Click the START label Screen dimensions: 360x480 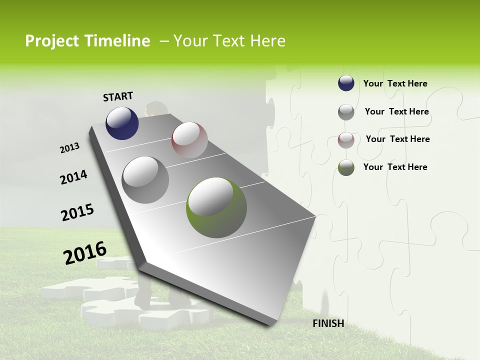[118, 96]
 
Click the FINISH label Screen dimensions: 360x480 [328, 323]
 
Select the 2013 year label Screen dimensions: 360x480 [70, 148]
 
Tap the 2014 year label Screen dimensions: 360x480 [73, 177]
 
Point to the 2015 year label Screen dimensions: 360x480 [77, 212]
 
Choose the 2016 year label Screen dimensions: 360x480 [85, 252]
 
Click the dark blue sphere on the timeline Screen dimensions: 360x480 [122, 123]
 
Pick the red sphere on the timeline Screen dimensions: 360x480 [189, 140]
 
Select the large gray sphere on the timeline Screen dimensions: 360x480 [145, 179]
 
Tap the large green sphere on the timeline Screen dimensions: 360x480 [216, 207]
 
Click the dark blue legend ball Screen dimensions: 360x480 [346, 83]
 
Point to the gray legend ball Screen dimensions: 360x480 [346, 112]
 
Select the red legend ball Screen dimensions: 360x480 [346, 140]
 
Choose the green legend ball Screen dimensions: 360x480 [346, 167]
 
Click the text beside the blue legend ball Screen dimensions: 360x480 [395, 83]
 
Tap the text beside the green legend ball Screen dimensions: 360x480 [395, 167]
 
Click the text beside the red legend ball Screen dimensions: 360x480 [397, 139]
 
